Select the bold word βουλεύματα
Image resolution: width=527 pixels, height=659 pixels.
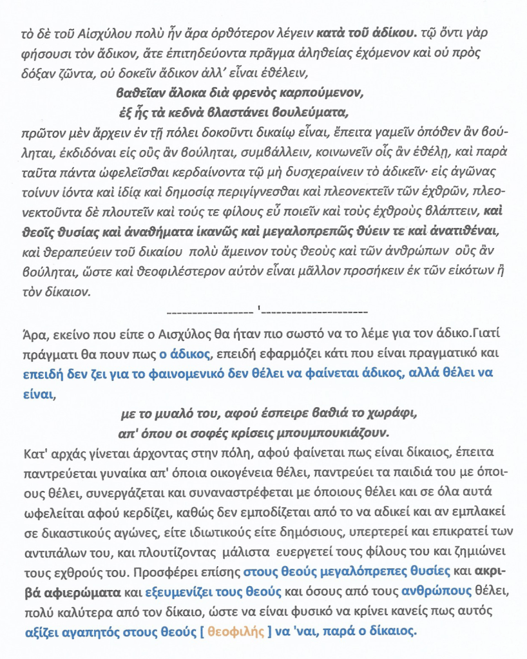pyautogui.click(x=314, y=111)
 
